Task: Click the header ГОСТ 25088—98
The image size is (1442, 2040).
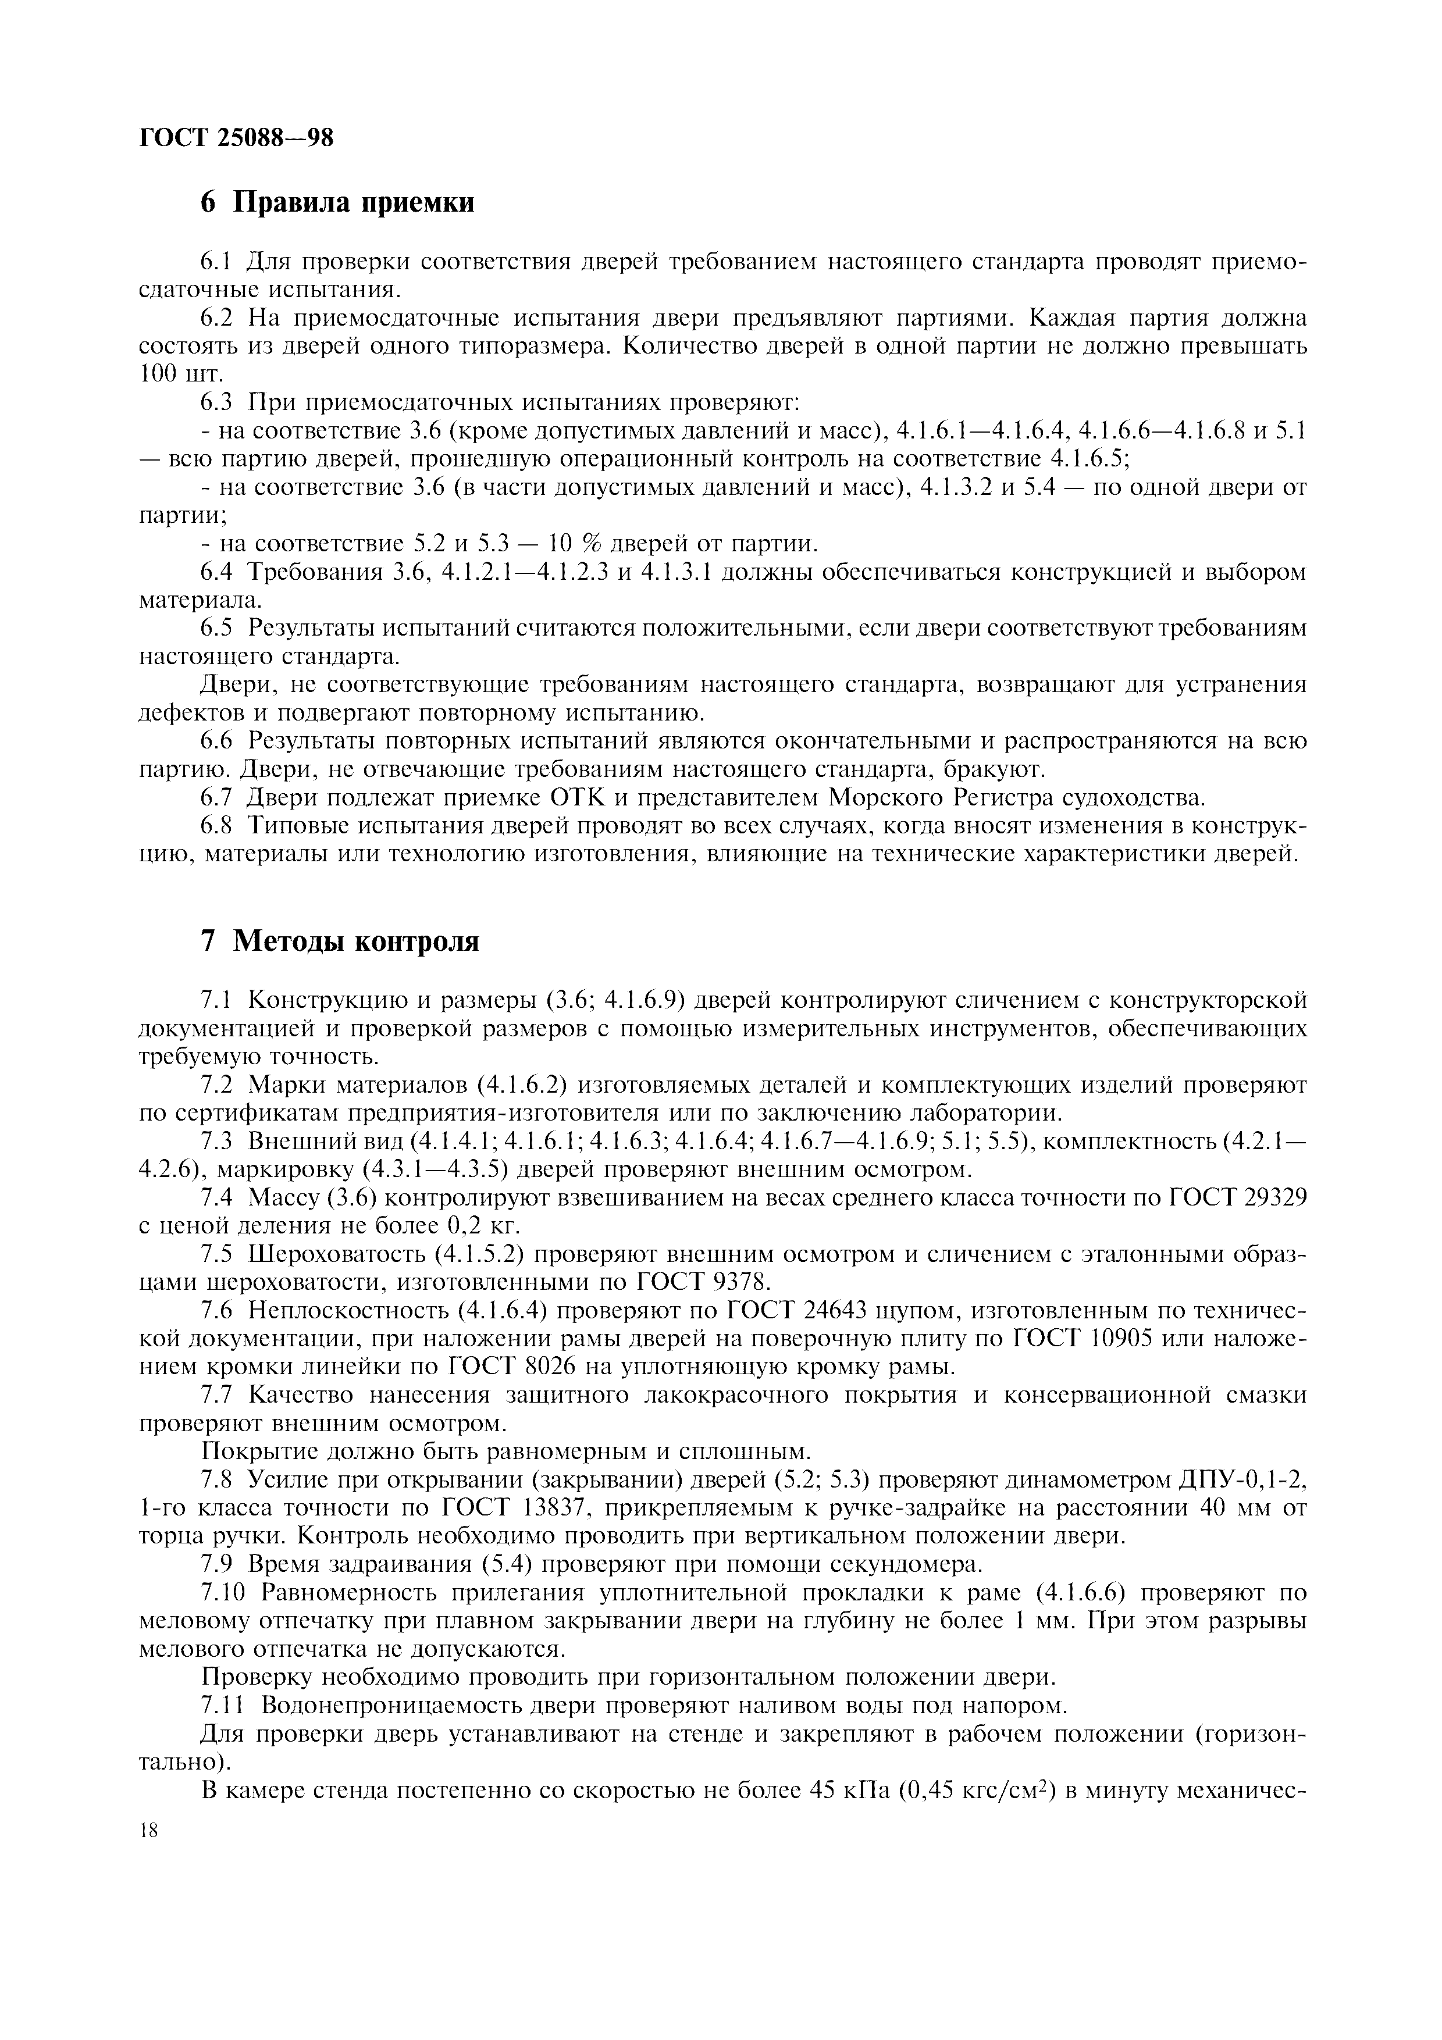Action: [236, 138]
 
